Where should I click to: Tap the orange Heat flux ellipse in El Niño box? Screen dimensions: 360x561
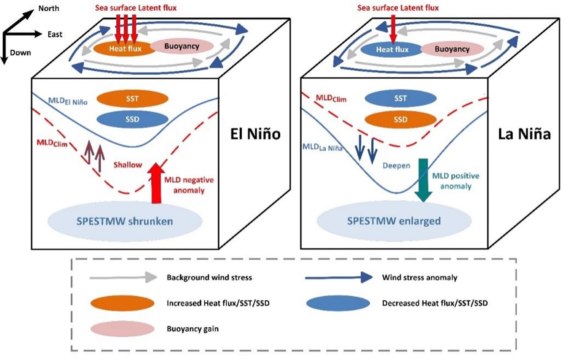[125, 49]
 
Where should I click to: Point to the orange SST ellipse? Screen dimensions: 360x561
[131, 99]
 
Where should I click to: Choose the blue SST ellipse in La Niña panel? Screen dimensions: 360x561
[401, 99]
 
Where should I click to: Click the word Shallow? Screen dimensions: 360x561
[127, 165]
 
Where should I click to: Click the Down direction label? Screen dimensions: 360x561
[20, 53]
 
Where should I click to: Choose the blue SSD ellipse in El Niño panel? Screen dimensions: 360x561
[131, 119]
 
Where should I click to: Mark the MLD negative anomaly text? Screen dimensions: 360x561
[189, 185]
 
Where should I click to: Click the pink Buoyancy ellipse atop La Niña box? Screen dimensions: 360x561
[452, 49]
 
